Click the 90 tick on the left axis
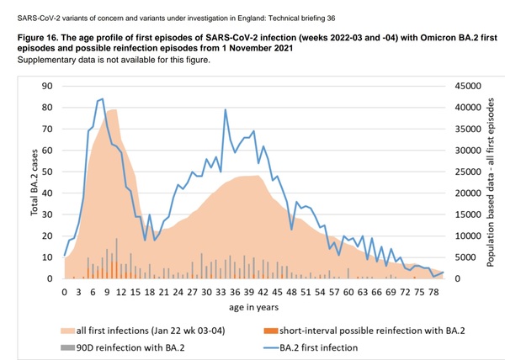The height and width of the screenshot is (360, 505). tap(48, 85)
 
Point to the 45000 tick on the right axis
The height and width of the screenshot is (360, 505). tap(468, 85)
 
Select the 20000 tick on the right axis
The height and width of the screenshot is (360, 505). tap(468, 193)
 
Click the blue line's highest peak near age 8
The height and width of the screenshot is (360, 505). tap(102, 98)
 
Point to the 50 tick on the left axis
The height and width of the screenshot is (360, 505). tap(48, 171)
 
